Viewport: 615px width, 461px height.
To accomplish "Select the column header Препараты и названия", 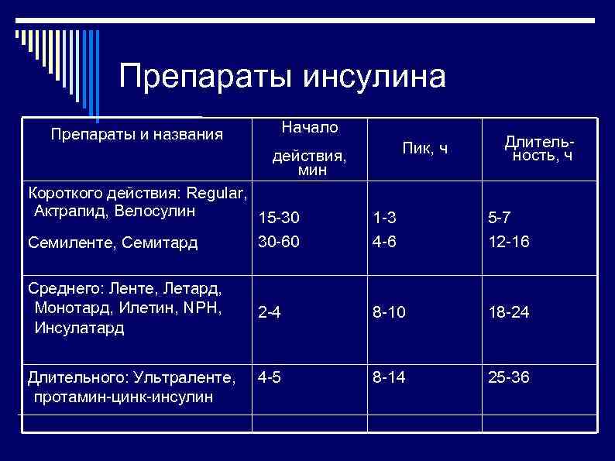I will (136, 135).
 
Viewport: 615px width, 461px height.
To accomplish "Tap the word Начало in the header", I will (310, 126).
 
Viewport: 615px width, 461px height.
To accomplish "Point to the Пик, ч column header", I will (425, 148).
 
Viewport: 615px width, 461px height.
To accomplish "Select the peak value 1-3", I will (384, 220).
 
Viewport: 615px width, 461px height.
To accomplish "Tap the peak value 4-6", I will (384, 242).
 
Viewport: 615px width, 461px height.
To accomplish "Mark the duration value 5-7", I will (499, 220).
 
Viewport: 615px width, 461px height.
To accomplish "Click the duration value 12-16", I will (509, 242).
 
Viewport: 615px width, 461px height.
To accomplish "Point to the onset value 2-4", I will (270, 313).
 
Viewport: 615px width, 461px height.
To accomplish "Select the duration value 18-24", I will (509, 313).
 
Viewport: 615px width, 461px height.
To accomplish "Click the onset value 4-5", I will (270, 378).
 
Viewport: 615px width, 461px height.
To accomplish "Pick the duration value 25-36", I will (509, 378).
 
